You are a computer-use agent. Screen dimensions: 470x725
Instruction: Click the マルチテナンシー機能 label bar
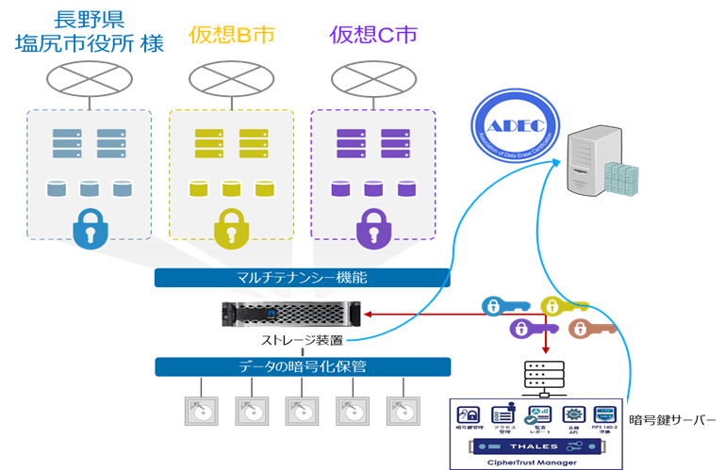pyautogui.click(x=302, y=278)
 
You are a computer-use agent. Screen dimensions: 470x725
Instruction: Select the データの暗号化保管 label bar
pyautogui.click(x=302, y=365)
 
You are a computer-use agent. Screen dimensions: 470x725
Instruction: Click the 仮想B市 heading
pyautogui.click(x=231, y=35)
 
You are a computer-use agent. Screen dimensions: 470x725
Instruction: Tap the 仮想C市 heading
pyautogui.click(x=374, y=35)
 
